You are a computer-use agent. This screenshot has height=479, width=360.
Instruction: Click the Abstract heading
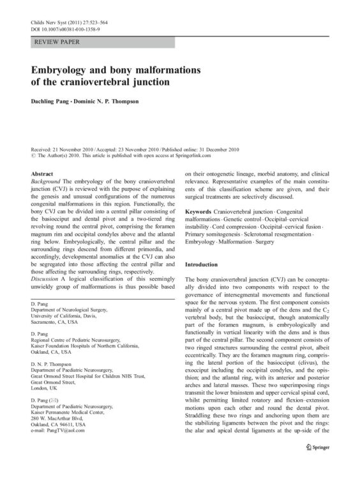(42, 173)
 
